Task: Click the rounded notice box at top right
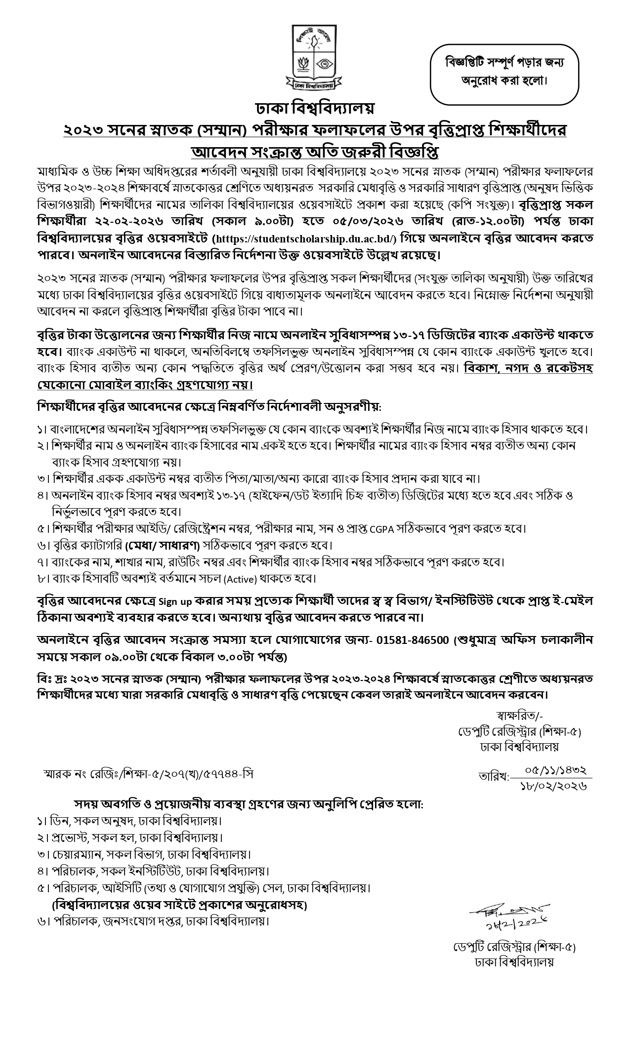tap(504, 72)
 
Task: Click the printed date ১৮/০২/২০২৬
tap(553, 786)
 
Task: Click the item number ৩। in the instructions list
tap(43, 479)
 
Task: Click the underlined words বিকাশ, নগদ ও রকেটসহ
tap(528, 369)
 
